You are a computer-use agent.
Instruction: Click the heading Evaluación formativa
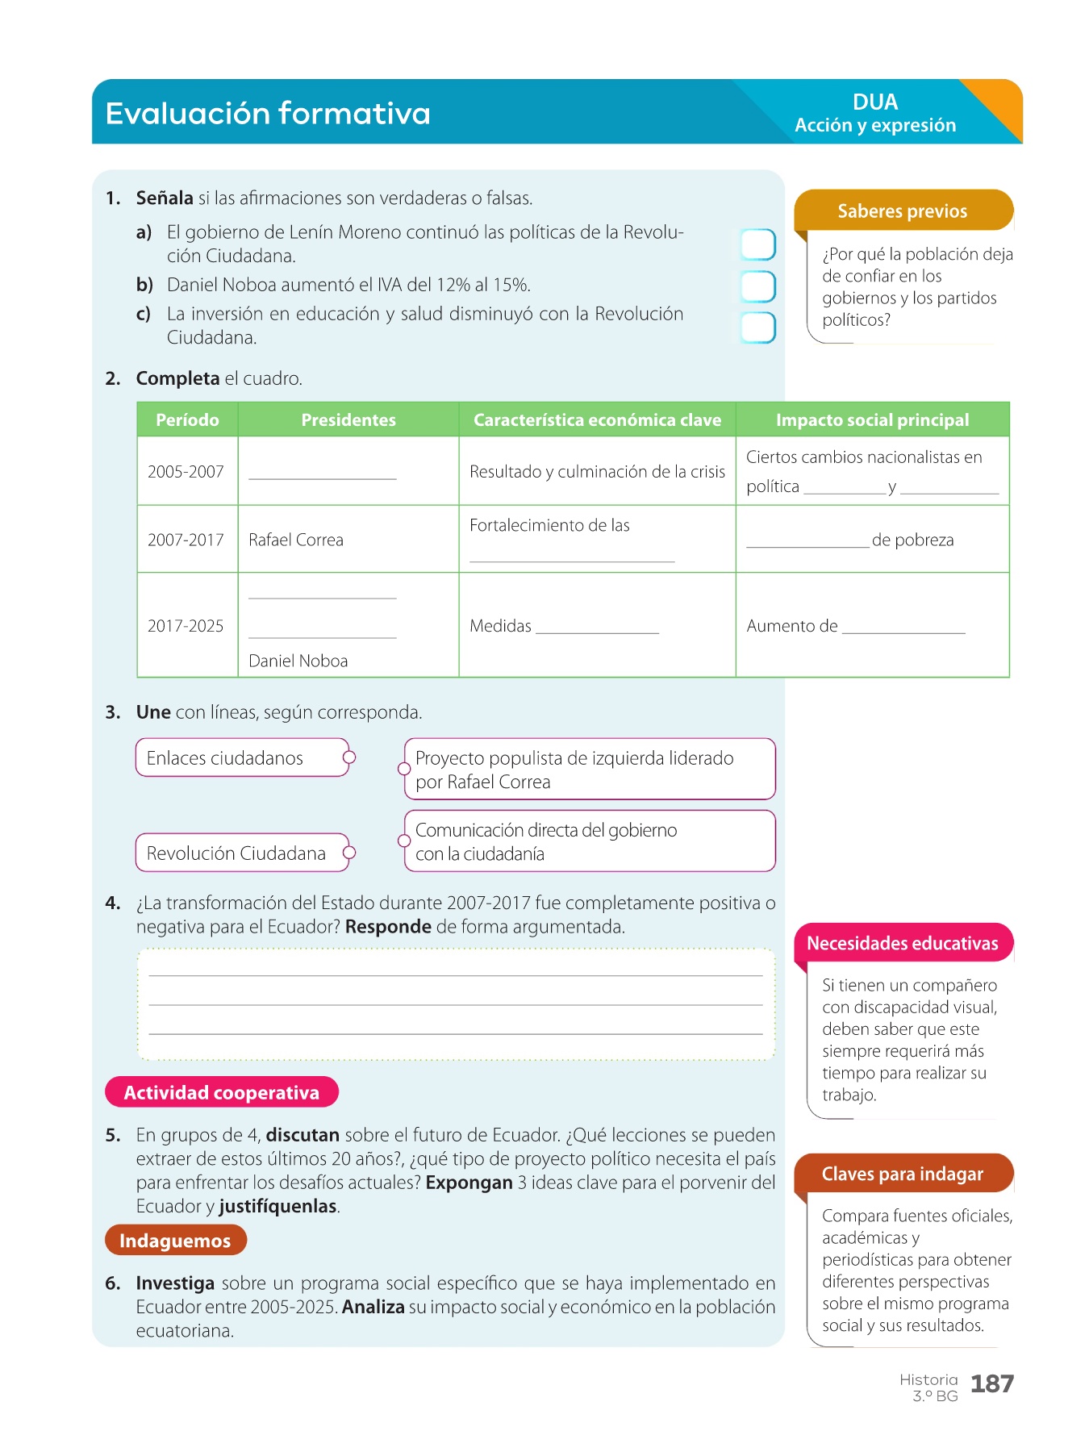coord(268,114)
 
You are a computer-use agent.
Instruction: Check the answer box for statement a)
coord(758,244)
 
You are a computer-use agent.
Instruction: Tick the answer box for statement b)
coord(758,286)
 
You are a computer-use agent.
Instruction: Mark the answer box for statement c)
coord(758,328)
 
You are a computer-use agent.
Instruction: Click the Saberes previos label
coord(902,211)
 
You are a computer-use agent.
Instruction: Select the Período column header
coord(187,420)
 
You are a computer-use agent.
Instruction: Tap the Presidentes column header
coord(348,420)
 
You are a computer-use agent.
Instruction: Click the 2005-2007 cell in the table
coord(186,472)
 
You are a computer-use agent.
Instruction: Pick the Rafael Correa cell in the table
coord(296,540)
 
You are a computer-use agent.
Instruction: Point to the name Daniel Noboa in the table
coord(298,661)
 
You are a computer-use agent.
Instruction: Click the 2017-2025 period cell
coord(186,626)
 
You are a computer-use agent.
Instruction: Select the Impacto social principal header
coord(872,420)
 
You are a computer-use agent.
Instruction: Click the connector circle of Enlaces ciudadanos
coord(349,757)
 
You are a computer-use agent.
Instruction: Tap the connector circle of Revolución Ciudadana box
coord(349,853)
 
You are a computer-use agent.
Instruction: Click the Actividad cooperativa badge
coord(222,1093)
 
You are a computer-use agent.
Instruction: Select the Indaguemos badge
coord(175,1241)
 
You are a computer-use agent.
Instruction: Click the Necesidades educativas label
coord(902,944)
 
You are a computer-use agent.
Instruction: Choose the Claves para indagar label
coord(902,1175)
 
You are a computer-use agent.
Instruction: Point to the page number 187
coord(991,1384)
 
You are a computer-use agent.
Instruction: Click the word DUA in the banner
coord(875,102)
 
